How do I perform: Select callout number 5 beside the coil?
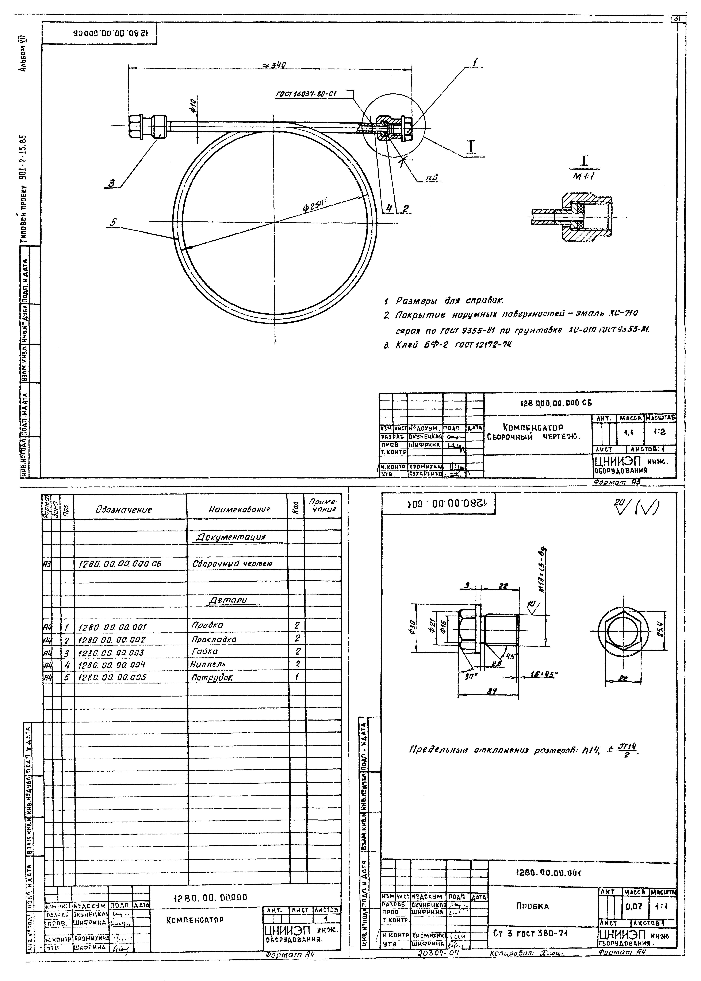113,223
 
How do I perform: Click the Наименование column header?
239,509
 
